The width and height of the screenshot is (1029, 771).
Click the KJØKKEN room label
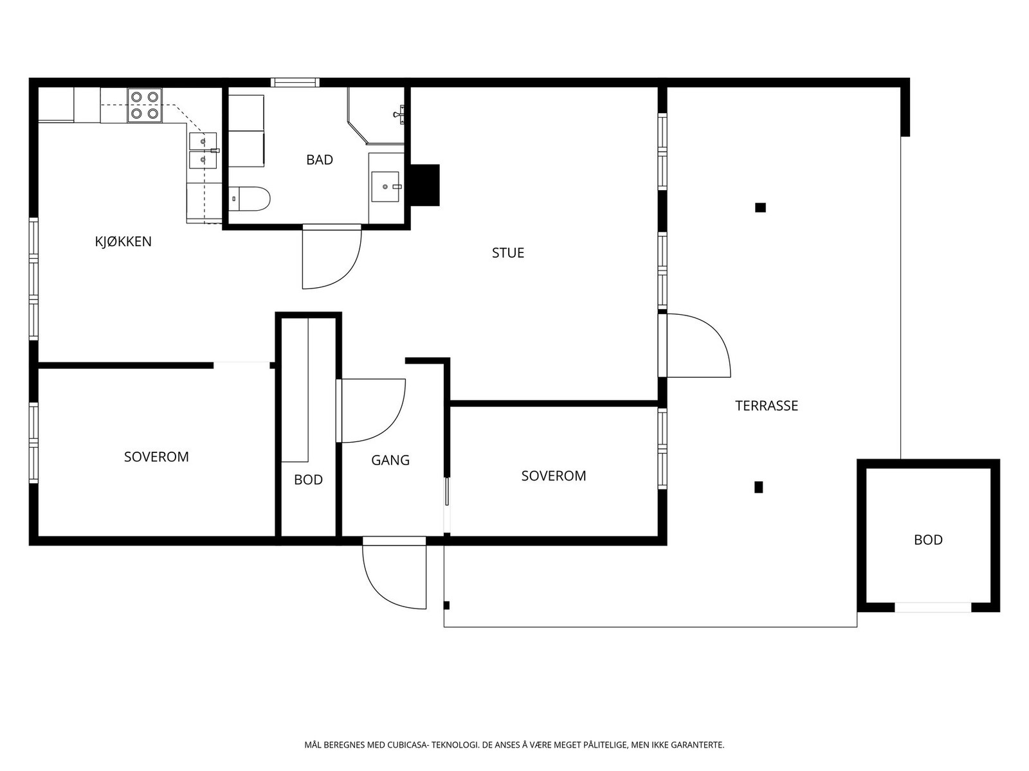(123, 242)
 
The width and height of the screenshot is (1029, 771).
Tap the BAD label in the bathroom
(320, 159)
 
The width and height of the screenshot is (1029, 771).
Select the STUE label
(508, 253)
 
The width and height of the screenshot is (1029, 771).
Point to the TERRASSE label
(767, 405)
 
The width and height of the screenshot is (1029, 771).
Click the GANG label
(390, 460)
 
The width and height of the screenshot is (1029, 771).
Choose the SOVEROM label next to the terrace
(554, 475)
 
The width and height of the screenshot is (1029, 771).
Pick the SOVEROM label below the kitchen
(156, 456)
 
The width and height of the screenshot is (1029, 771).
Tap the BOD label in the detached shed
(928, 540)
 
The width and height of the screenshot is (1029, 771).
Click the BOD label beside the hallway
(309, 479)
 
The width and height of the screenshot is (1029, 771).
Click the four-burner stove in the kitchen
(145, 105)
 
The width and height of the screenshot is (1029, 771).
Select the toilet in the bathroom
(250, 199)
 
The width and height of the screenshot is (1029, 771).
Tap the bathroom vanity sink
(386, 187)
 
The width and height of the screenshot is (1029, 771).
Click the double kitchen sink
(203, 151)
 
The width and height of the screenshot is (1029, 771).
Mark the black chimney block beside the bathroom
(424, 185)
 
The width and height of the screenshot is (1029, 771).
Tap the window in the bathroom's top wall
(295, 82)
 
